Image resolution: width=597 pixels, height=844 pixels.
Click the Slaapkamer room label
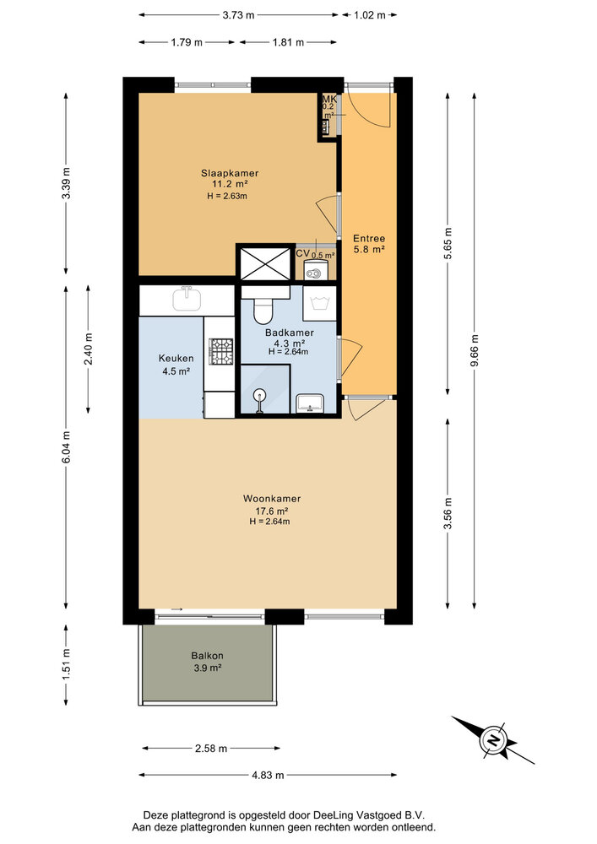(x=230, y=173)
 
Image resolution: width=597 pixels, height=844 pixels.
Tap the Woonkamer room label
(x=272, y=499)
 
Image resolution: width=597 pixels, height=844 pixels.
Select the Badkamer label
(x=290, y=333)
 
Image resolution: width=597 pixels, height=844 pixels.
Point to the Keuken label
(x=176, y=359)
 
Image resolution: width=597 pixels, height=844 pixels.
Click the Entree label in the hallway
(x=369, y=239)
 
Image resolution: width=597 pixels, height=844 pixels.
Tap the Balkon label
(x=207, y=656)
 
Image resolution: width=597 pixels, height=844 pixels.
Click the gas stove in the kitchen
(x=220, y=351)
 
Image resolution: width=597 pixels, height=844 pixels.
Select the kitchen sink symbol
(x=187, y=298)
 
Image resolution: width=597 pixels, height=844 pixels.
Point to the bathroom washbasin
(x=310, y=403)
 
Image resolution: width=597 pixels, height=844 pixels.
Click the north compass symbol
(x=492, y=740)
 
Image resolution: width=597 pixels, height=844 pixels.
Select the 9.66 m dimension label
(x=475, y=350)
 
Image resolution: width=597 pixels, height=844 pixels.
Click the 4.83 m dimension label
(x=268, y=775)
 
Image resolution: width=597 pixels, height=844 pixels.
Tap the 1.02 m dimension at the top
(x=370, y=15)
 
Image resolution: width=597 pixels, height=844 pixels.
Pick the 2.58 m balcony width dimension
(x=211, y=748)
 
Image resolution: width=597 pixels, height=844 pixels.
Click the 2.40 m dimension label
(x=89, y=349)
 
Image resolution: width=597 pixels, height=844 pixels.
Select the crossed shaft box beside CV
(x=265, y=263)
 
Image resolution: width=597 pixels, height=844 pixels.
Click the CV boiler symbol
(x=312, y=271)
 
